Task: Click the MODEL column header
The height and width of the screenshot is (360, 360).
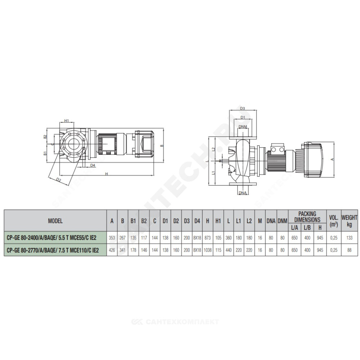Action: pos(55,221)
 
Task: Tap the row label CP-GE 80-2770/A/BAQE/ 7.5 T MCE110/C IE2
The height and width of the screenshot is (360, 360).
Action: pos(53,250)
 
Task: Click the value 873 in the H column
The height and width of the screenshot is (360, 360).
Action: pos(208,238)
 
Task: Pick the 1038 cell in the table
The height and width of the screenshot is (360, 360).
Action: pos(208,250)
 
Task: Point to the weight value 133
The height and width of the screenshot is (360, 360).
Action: pos(349,238)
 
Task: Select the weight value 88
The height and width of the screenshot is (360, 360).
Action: pos(349,250)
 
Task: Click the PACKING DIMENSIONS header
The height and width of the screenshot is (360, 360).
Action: pos(307,217)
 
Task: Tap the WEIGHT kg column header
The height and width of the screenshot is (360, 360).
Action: pos(349,220)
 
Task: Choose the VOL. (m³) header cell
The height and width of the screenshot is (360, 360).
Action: pos(334,221)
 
